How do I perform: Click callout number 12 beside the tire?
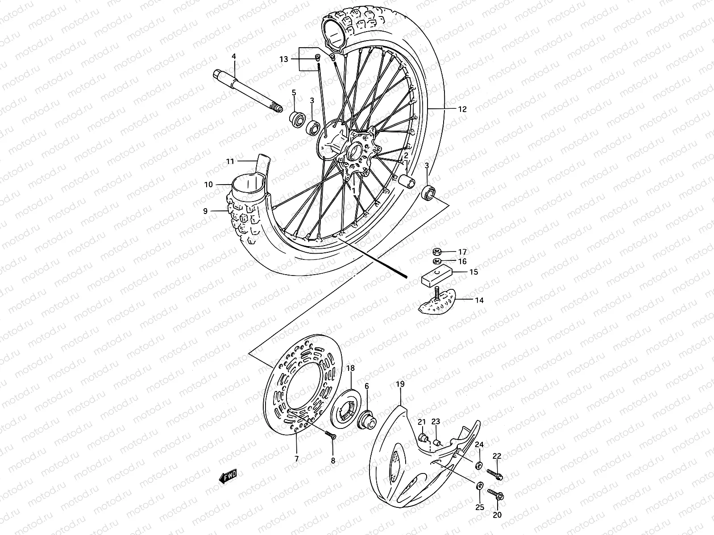tap(462, 109)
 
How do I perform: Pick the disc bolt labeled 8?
tap(330, 436)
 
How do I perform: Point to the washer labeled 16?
tap(437, 261)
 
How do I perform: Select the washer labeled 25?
tap(480, 486)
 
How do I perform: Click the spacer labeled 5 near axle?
tap(296, 120)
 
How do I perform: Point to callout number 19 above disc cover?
tap(400, 383)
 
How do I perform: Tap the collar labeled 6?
tap(368, 419)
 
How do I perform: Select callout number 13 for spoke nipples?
tap(284, 59)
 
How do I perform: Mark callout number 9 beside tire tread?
tap(205, 211)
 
